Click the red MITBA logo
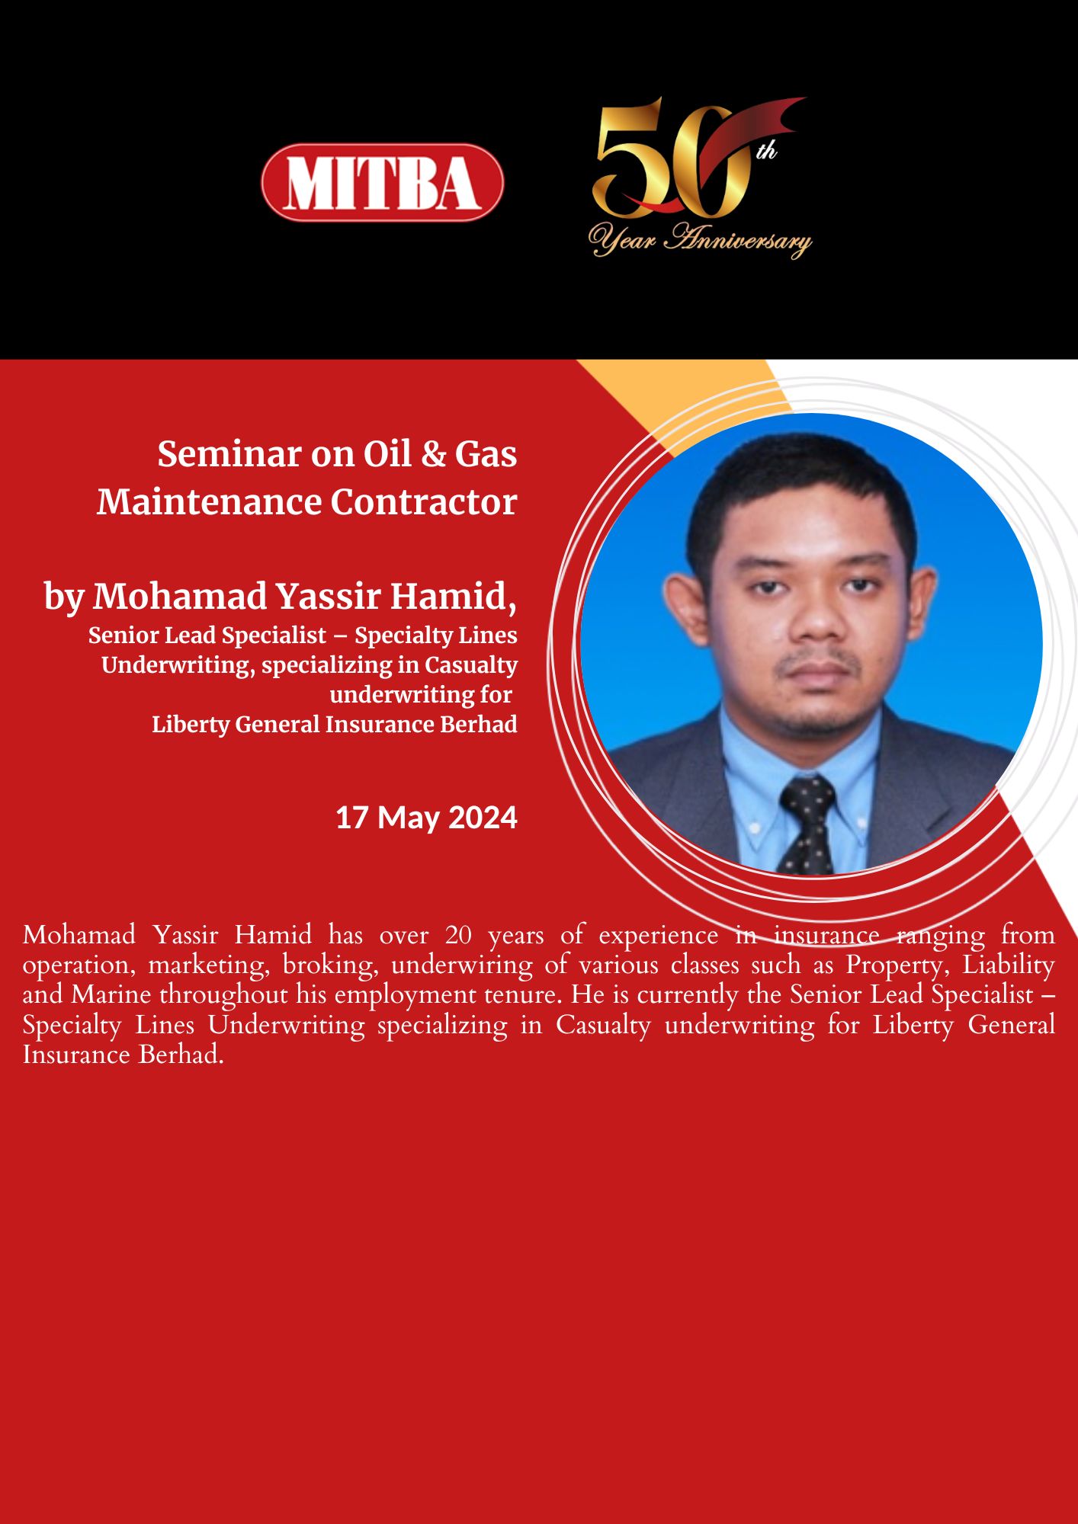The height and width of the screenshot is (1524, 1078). pos(382,182)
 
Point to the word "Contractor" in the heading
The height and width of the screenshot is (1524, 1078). pos(424,502)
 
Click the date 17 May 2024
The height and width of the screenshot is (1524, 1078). pos(427,818)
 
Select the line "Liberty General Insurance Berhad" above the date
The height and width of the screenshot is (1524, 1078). pos(335,724)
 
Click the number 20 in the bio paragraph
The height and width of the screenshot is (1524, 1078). pos(458,935)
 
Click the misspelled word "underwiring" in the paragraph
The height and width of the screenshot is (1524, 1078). pos(462,965)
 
